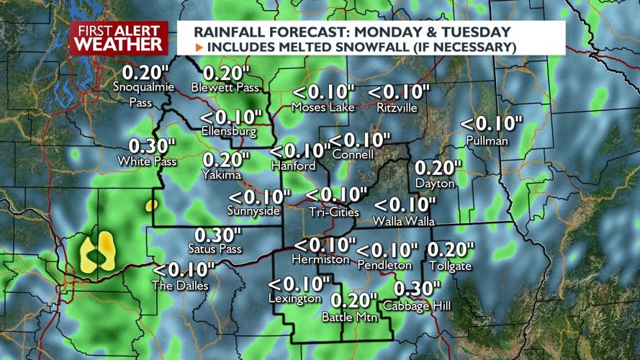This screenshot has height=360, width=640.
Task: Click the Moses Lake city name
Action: point(323,107)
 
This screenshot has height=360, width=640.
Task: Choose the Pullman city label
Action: point(487,140)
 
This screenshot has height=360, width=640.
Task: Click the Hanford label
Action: point(293,166)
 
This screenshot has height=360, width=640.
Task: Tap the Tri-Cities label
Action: point(334,212)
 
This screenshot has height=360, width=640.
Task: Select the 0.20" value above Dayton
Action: point(438,168)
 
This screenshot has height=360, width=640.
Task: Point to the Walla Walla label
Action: point(403,221)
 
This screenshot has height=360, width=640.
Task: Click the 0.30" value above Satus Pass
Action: point(217,235)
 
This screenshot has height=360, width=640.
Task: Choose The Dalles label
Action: point(180,286)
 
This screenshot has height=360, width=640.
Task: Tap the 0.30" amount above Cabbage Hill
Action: point(417,289)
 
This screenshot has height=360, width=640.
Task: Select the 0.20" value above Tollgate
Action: point(451,250)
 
